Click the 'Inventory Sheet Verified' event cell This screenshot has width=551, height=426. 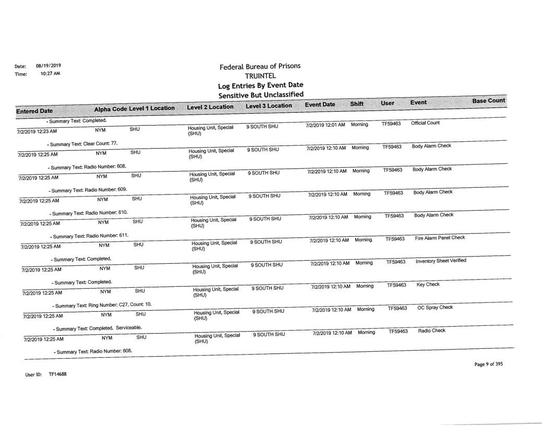coord(441,261)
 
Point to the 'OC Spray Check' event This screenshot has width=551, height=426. coord(434,308)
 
